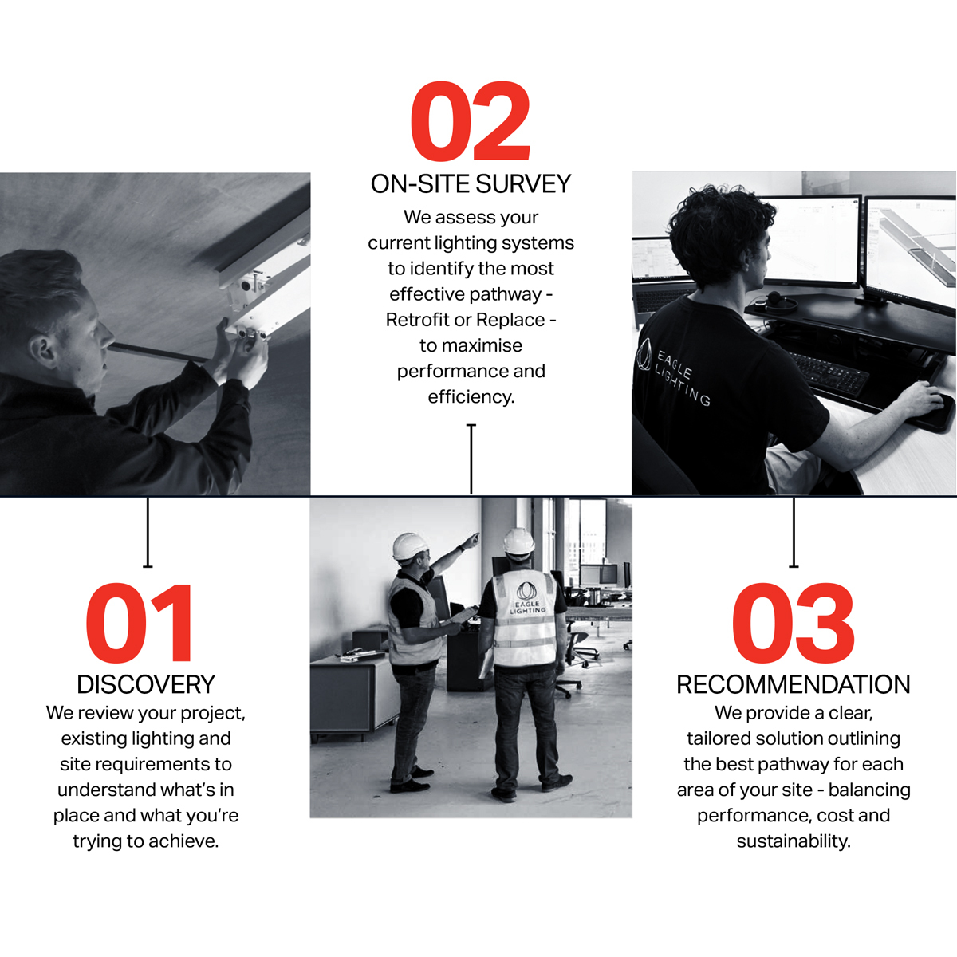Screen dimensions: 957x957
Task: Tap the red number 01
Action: tap(139, 624)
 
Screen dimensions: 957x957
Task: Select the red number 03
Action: tap(793, 624)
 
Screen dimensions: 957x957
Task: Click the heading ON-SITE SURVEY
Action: tap(471, 183)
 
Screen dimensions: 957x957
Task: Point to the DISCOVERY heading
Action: tap(146, 684)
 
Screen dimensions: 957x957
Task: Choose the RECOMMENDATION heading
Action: tap(793, 684)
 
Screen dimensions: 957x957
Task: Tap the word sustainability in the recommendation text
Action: tap(793, 841)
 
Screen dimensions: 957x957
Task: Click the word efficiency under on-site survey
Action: tap(471, 397)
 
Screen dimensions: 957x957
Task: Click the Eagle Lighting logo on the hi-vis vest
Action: tap(527, 597)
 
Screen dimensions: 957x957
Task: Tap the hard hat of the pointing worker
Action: tap(409, 545)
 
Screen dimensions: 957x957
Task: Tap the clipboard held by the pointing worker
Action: tap(463, 615)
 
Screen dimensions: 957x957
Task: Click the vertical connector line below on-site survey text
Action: tap(471, 459)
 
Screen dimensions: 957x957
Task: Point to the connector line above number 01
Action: tap(148, 532)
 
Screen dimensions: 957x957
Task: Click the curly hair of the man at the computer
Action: tap(719, 227)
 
